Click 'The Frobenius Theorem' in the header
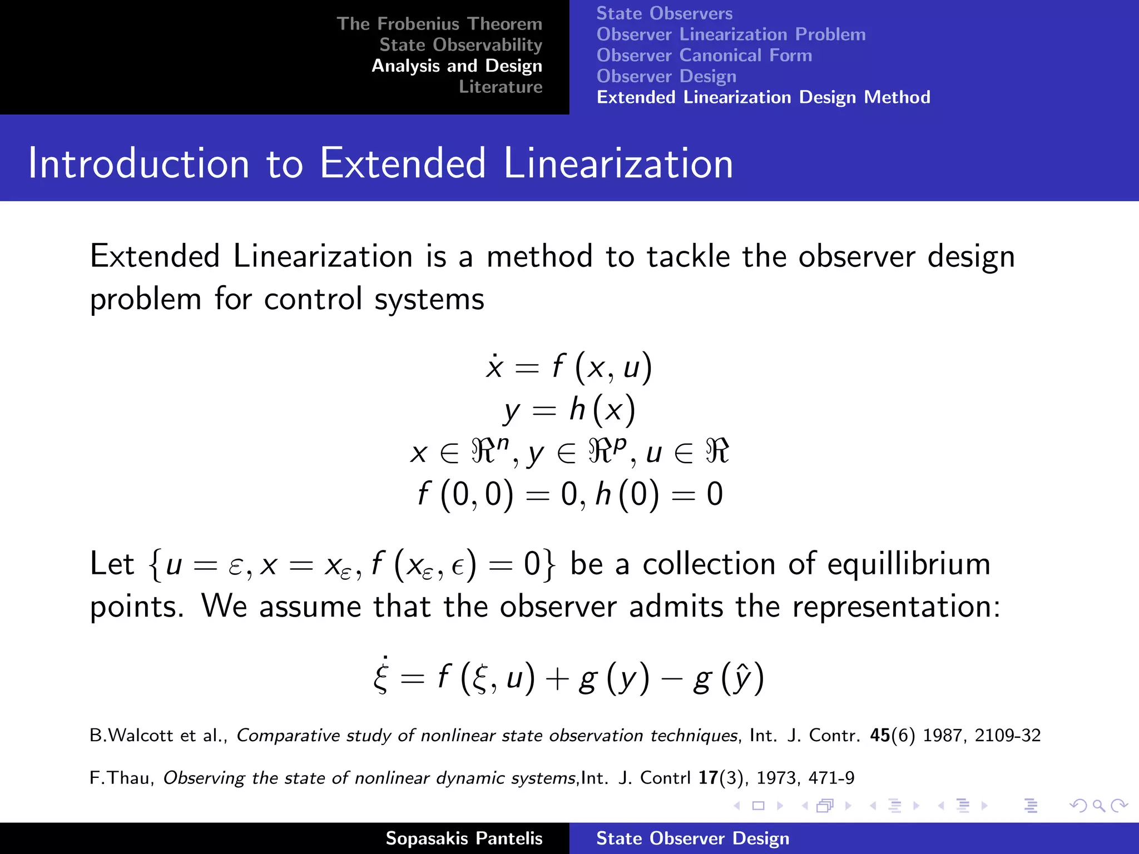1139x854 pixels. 439,24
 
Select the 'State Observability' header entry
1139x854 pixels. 460,45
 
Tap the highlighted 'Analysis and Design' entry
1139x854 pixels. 457,66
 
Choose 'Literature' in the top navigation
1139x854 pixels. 500,87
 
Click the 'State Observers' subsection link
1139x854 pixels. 664,13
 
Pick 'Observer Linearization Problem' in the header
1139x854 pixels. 731,34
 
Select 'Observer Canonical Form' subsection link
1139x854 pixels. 704,56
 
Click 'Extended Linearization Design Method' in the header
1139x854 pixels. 763,97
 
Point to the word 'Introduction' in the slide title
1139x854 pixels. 138,163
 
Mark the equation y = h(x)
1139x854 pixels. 569,410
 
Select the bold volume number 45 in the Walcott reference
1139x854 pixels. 880,736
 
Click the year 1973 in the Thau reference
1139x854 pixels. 778,778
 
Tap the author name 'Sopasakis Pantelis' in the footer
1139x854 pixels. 464,838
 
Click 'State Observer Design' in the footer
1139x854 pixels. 692,838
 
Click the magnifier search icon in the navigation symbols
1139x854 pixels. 1098,806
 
